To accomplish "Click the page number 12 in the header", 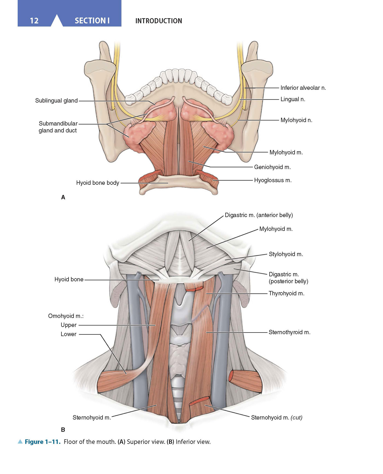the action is [34, 21].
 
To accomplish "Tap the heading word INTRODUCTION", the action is [159, 21].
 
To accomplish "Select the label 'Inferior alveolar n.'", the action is [303, 88].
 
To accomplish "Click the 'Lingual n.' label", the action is [293, 99].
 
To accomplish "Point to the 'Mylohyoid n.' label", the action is [296, 120].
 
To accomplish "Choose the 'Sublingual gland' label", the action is [56, 101].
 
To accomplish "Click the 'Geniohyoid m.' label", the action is [272, 167].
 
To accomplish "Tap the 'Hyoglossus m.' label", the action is [273, 180].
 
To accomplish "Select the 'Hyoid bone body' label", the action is [98, 183].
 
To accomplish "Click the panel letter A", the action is [63, 198].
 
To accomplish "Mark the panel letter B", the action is [63, 430].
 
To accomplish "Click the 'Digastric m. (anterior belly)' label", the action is [259, 215].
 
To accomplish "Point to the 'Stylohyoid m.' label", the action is [286, 254].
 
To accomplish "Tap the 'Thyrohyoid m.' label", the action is [286, 293].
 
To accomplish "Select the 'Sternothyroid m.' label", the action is [289, 332].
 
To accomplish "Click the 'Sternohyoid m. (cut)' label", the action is [277, 418].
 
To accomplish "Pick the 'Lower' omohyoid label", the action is [69, 334].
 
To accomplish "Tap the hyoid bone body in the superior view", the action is [178, 183].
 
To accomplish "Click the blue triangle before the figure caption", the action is [20, 442].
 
